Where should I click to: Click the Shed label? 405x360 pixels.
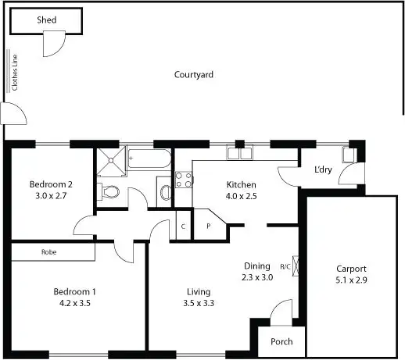click(46, 20)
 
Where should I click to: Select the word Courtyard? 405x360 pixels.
click(193, 75)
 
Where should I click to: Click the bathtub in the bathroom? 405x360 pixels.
click(149, 160)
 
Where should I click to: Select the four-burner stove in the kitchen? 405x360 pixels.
click(183, 181)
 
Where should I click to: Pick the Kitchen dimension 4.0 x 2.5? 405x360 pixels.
click(240, 197)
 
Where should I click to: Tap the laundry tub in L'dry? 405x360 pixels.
click(349, 154)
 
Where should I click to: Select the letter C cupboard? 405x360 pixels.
click(182, 226)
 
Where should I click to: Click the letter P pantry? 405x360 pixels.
click(208, 226)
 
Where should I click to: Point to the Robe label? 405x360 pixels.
click(52, 252)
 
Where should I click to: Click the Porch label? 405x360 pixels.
click(281, 342)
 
